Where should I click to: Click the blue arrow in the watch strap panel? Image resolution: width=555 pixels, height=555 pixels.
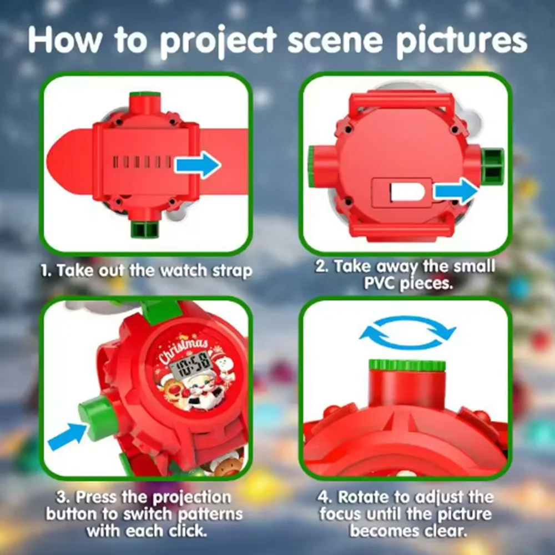198,165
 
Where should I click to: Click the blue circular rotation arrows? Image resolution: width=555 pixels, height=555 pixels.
408,333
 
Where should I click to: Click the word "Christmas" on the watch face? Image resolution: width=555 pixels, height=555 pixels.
182,348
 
